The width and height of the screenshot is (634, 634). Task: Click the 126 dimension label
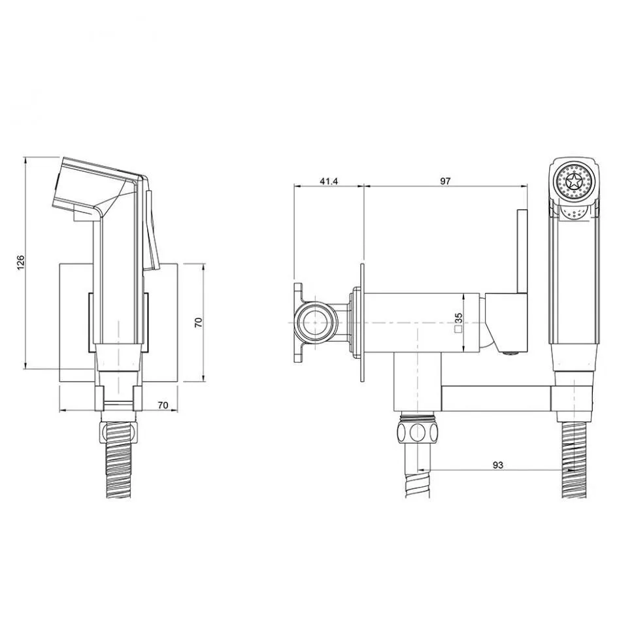[x=21, y=263]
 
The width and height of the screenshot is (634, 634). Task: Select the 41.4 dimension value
[x=329, y=181]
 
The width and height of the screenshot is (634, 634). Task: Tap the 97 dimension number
[x=445, y=181]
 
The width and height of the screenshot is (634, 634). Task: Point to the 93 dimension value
[x=498, y=465]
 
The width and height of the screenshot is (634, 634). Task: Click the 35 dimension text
[x=459, y=318]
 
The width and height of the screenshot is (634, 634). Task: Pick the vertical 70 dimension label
[x=199, y=322]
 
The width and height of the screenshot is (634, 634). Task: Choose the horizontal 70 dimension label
[x=163, y=405]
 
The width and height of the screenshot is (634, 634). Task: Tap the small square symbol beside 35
[x=459, y=329]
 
